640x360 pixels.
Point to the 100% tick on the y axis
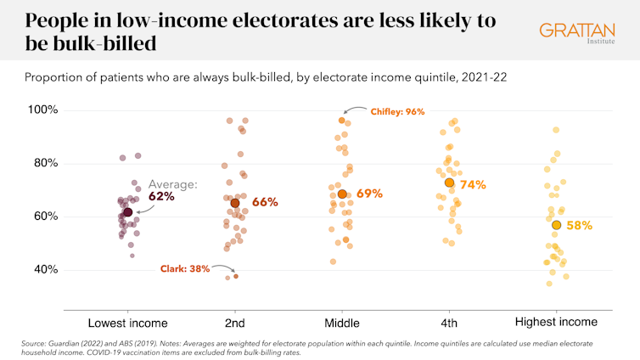[x=42, y=110]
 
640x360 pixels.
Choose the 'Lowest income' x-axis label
[x=128, y=323]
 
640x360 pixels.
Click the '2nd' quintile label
[x=235, y=323]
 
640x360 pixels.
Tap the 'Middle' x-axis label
[x=342, y=323]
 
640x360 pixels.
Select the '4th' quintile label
[x=449, y=323]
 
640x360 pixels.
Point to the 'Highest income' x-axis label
[x=557, y=323]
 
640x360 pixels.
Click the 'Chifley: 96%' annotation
[x=396, y=111]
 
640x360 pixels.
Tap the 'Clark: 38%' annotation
[x=186, y=268]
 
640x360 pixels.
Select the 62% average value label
[x=161, y=196]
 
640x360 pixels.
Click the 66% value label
[x=265, y=202]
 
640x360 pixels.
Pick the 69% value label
[x=370, y=194]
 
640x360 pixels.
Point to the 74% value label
[x=473, y=183]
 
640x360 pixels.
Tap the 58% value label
[x=579, y=225]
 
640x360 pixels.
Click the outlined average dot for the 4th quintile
[x=449, y=183]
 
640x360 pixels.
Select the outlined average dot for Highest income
[x=556, y=225]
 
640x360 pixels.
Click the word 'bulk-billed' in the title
[x=94, y=42]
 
